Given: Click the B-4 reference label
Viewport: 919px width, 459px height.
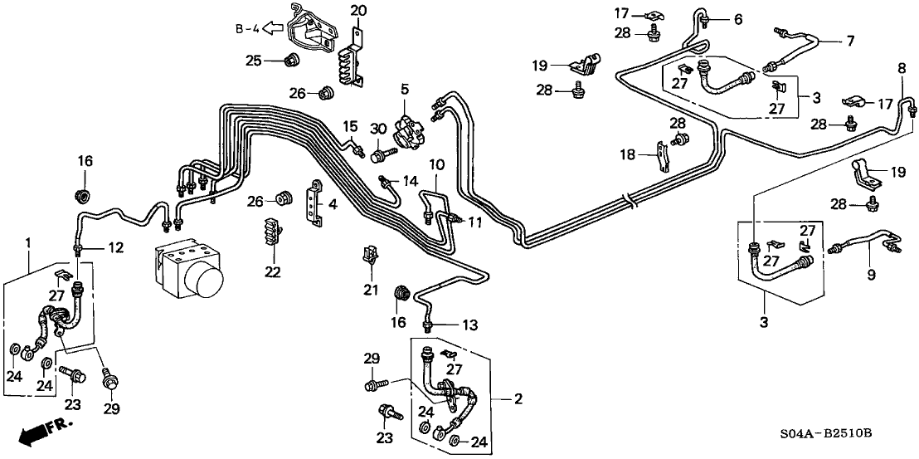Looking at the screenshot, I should (247, 30).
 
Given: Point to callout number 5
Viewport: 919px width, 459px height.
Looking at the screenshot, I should (406, 88).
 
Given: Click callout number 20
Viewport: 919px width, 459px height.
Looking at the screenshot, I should (358, 11).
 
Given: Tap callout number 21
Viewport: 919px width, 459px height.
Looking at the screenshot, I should (371, 290).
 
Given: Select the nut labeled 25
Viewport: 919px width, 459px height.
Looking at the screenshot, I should (291, 60).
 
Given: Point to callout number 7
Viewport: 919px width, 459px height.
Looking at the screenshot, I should (848, 40).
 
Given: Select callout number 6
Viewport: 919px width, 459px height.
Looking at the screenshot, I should (738, 18).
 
